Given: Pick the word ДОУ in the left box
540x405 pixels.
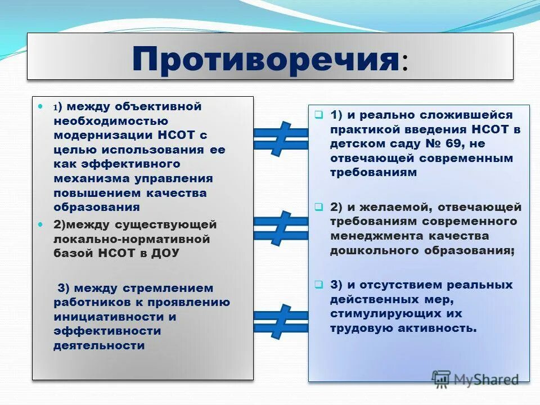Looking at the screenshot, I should [164, 254].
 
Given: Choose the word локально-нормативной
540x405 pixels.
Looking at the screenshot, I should [132, 239].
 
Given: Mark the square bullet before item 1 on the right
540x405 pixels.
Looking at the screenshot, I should [318, 115].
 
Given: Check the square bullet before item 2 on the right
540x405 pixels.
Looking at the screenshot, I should [318, 207].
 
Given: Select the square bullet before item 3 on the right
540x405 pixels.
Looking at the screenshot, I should [318, 285].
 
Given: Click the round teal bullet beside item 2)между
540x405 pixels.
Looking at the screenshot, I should [40, 224].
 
